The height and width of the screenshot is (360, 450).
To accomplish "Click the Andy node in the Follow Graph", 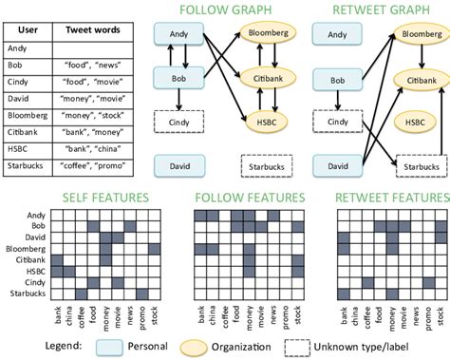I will (x=177, y=35).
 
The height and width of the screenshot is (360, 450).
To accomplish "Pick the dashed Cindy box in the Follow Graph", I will (x=178, y=123).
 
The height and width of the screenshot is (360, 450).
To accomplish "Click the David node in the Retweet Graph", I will (x=337, y=166).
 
